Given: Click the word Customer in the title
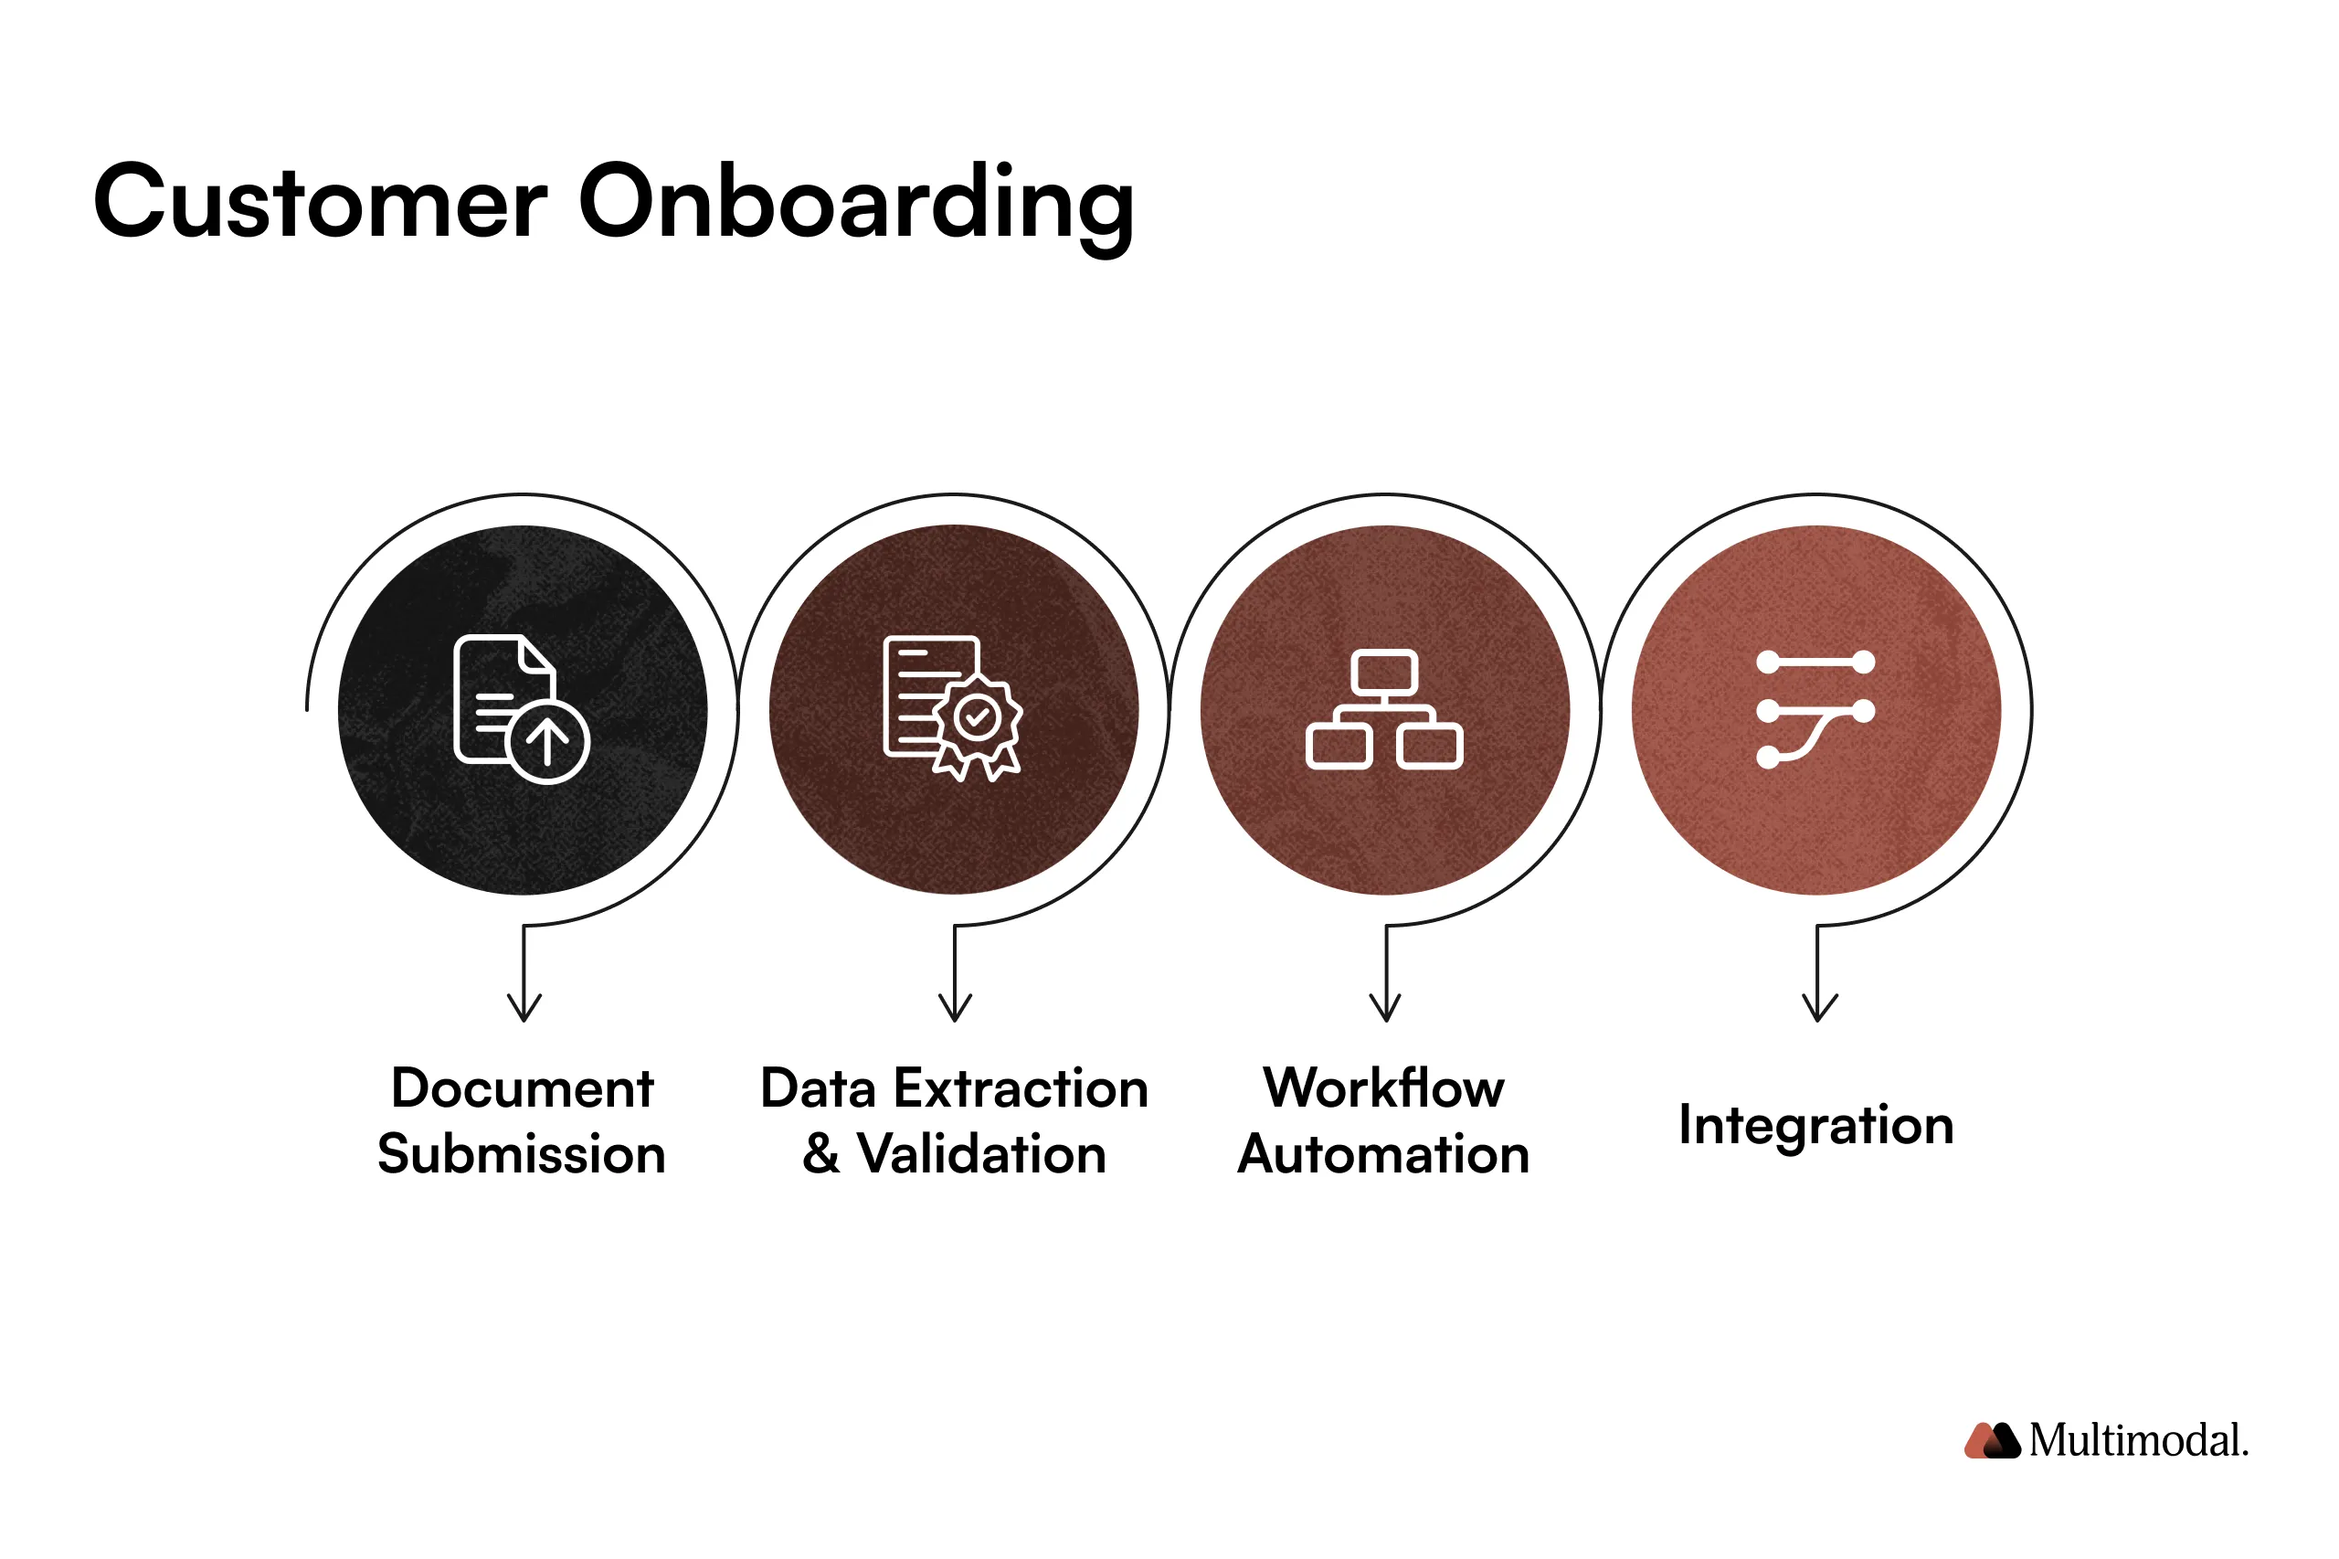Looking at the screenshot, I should [319, 202].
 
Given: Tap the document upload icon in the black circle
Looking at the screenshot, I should [521, 708].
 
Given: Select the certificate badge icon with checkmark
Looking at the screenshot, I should [952, 708].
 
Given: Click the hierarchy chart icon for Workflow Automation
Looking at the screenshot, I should [1383, 709].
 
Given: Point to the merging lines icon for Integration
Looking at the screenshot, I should [1815, 709].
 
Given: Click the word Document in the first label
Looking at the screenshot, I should [522, 1087].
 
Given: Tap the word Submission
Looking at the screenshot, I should [521, 1153].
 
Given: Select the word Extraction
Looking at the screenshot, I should [1021, 1087].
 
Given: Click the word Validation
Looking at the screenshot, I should [981, 1153].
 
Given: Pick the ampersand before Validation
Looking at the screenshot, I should [821, 1153].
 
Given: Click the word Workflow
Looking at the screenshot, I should [1383, 1087].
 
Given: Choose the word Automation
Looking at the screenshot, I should [1382, 1153].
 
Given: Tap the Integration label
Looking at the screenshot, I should [1816, 1125].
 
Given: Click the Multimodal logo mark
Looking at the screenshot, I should [1992, 1441].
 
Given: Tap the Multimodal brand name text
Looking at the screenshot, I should [2138, 1441].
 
